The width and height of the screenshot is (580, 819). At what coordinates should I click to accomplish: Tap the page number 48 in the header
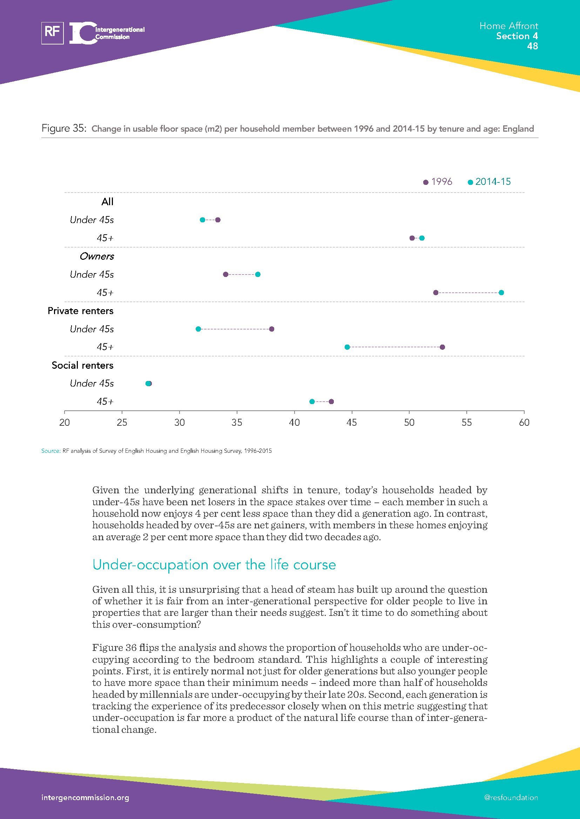coord(532,46)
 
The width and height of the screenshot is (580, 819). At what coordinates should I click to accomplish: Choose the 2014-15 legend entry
coord(490,182)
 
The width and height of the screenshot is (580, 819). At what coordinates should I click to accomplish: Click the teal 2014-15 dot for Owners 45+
coord(501,293)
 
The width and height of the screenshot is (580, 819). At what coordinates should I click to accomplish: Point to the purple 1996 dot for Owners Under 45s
coord(225,274)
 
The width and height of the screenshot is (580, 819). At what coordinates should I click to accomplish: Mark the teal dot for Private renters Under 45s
coord(198,329)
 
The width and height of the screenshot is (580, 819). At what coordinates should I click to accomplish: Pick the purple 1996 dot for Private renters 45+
coord(442,347)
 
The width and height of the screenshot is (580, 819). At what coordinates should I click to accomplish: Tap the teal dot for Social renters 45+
coord(312,402)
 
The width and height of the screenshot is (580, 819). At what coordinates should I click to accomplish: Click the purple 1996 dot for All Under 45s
coord(218,220)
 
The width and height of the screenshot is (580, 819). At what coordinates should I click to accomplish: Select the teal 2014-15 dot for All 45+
coord(422,238)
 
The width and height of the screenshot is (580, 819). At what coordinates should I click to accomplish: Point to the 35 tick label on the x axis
coord(237,423)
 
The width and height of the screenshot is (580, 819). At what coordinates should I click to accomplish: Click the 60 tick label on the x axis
coord(524,423)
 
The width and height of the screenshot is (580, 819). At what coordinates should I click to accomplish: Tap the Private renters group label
coord(80,311)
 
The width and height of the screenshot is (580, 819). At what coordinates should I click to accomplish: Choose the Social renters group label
coord(82,365)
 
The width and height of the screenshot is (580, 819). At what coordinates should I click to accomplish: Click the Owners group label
coord(96,256)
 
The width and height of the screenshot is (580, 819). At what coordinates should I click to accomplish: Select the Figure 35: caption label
coord(64,129)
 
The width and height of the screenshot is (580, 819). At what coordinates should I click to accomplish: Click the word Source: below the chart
coord(51,451)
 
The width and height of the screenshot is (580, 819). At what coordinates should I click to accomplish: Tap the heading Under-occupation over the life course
coord(214,565)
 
